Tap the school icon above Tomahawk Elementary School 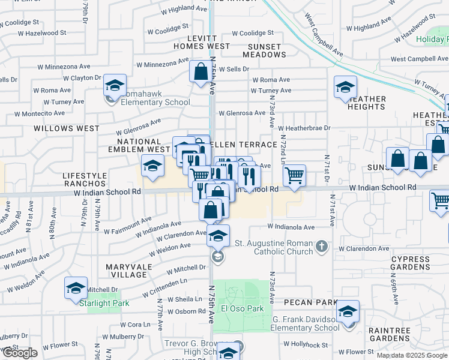coord(115,85)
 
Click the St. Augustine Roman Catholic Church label coord(273,247)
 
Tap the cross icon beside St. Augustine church coord(322,246)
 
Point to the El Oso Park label coord(243,308)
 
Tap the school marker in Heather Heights coord(345,87)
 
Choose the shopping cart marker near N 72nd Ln coord(294,176)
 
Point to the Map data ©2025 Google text coord(412,355)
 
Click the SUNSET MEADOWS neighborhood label coord(265,50)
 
